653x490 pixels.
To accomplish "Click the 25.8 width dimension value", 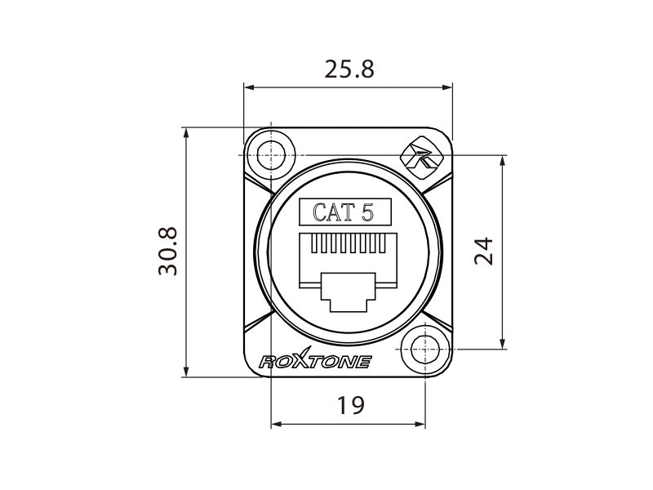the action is pos(349,69).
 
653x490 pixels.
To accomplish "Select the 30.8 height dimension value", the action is pos(168,251).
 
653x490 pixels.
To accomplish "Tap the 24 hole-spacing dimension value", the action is pos(483,252).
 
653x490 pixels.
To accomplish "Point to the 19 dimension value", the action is pos(351,405).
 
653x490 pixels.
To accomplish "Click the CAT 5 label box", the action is pos(345,212).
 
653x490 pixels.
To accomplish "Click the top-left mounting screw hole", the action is pos(271,154).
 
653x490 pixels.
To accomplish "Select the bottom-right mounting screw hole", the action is pos(425,350).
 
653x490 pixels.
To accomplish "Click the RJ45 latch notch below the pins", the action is pos(349,292).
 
